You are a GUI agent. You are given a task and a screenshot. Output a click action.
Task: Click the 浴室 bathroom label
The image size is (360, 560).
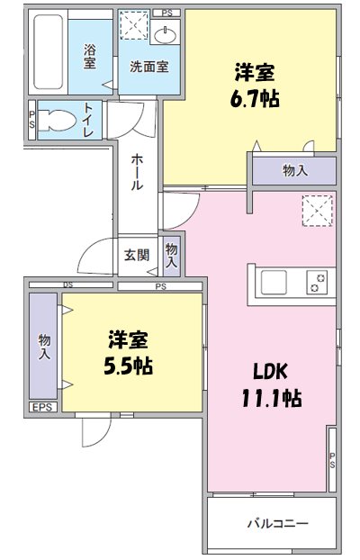click(90, 57)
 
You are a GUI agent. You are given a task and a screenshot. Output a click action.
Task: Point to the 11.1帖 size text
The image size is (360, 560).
click(270, 398)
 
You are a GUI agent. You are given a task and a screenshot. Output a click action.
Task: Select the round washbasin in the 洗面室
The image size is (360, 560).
click(166, 35)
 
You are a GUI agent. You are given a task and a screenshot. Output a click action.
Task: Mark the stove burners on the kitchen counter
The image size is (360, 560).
click(316, 283)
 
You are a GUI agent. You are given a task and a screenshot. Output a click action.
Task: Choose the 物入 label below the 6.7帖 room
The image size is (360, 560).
click(294, 169)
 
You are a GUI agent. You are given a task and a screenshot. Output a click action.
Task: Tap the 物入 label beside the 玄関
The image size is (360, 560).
click(171, 255)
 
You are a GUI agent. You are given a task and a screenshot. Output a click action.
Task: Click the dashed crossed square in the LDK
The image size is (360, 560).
click(316, 212)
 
